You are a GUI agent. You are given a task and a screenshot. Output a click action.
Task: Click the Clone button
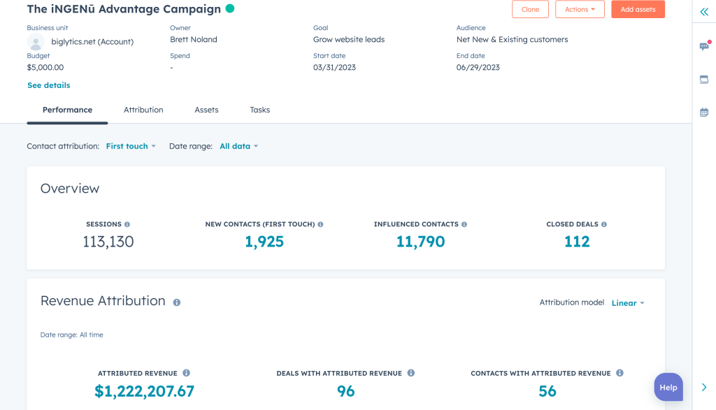coord(530,9)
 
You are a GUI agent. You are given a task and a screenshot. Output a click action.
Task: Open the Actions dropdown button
coord(580,9)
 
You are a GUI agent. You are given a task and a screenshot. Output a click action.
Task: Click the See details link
coord(48,85)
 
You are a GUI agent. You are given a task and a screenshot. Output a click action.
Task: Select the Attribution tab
coord(143,110)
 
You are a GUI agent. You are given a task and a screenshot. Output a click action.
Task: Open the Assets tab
coord(206,110)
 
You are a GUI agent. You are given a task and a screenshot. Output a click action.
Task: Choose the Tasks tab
coord(259,110)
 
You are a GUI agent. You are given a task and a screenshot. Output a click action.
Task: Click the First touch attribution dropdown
coord(131,146)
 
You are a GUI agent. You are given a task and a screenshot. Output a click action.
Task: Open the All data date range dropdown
coord(238,146)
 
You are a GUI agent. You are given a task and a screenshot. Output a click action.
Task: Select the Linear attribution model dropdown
coord(628,303)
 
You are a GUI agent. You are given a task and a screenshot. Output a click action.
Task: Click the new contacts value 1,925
coord(264,242)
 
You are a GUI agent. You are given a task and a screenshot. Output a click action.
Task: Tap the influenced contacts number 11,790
coord(420,242)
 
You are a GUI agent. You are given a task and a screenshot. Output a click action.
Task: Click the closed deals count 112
coord(577,242)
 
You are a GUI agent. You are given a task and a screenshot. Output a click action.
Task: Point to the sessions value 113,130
coord(108,242)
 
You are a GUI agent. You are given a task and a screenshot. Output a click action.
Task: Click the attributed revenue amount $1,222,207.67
coord(144,391)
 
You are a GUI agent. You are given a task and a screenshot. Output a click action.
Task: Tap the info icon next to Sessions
coord(127,224)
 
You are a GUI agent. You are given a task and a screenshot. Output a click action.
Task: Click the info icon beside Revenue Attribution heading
coord(177,302)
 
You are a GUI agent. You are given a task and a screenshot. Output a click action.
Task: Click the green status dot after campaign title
coord(230,9)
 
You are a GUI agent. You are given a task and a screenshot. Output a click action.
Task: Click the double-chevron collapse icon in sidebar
coord(704,12)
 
